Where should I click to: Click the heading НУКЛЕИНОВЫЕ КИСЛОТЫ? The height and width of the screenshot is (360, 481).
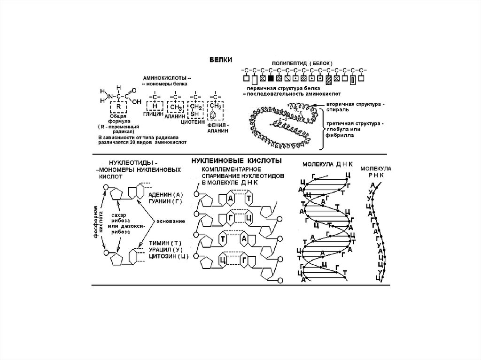pyautogui.click(x=236, y=161)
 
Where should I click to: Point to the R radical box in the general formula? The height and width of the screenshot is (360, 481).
pyautogui.click(x=119, y=106)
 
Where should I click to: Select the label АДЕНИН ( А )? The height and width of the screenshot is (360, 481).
pyautogui.click(x=165, y=194)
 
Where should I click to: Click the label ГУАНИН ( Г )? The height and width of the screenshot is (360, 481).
pyautogui.click(x=165, y=201)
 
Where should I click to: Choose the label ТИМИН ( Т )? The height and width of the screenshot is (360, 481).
pyautogui.click(x=164, y=243)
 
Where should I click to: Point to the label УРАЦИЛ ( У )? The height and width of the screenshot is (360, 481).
pyautogui.click(x=166, y=250)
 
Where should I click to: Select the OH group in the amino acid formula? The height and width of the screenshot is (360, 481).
pyautogui.click(x=137, y=100)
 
